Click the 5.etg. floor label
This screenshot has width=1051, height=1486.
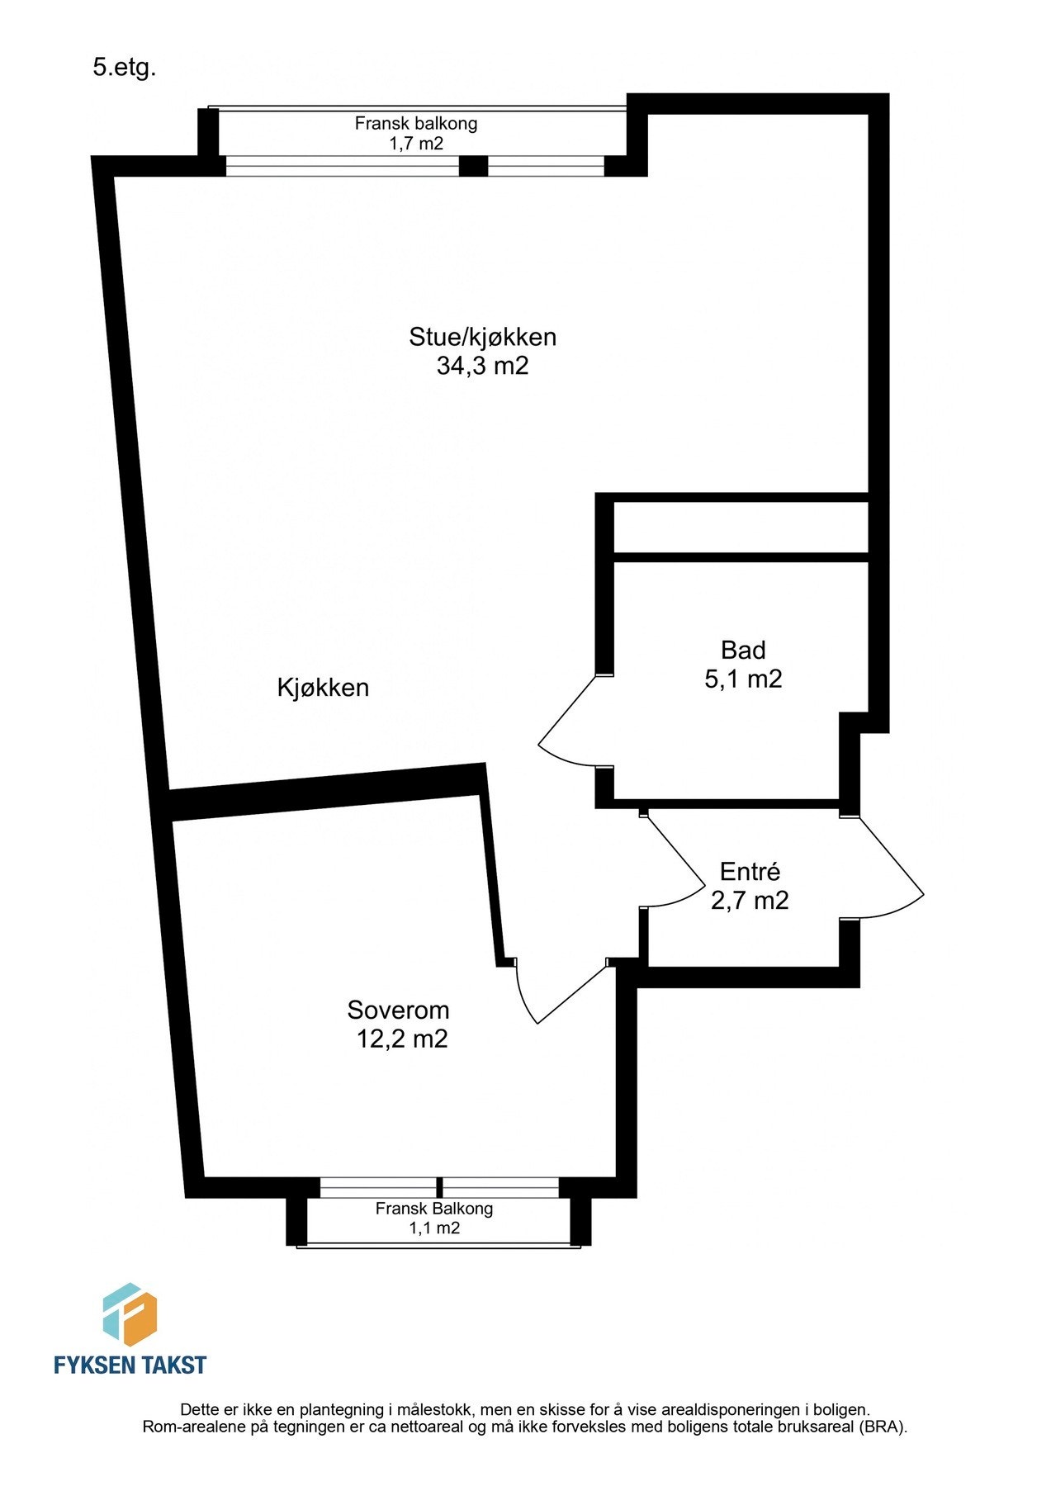point(124,69)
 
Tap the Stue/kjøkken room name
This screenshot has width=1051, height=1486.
point(482,337)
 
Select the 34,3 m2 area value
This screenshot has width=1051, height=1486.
point(482,366)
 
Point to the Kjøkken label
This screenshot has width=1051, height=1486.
point(323,687)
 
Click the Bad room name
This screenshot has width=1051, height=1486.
point(742,650)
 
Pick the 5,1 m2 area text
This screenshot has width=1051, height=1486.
point(742,679)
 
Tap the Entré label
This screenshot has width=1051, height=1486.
point(749,871)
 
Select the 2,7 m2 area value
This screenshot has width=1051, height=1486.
point(749,900)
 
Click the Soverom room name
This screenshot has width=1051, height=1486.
point(398,1010)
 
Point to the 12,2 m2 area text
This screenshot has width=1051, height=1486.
point(401,1039)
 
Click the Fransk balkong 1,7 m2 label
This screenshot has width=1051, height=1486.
point(416,133)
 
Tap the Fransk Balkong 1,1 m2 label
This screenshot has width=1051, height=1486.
point(434,1218)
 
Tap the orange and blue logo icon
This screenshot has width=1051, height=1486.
point(130,1314)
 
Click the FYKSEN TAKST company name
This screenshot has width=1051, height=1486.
point(130,1365)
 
